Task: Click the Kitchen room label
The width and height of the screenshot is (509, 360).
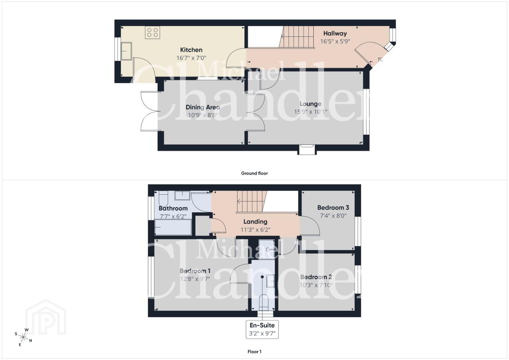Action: (191, 50)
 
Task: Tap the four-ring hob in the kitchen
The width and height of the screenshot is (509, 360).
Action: (152, 32)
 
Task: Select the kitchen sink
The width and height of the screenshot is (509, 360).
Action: (126, 51)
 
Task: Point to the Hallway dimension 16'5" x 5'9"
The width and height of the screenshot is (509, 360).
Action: (335, 41)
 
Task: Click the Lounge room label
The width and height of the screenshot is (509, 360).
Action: (310, 104)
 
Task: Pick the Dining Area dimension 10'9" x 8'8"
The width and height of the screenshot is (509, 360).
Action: (203, 115)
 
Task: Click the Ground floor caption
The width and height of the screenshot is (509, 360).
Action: (254, 173)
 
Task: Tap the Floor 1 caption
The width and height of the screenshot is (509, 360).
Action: (254, 352)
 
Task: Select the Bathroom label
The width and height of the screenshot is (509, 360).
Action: (173, 208)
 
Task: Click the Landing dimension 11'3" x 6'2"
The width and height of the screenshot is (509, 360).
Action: (255, 230)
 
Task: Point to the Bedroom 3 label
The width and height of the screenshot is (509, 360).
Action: (333, 207)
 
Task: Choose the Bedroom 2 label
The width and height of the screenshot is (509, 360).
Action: (316, 277)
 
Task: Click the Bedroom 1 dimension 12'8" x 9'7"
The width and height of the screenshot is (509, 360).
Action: (195, 279)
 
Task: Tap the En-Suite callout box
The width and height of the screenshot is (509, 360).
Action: (262, 329)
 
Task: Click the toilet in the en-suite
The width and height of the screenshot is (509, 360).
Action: (264, 302)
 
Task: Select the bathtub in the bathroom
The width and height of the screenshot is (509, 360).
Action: (173, 227)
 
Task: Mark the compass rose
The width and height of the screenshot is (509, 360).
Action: (23, 337)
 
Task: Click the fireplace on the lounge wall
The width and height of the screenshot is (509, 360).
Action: (307, 150)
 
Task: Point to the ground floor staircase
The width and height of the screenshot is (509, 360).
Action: (296, 37)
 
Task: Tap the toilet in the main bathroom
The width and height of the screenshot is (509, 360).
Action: (163, 199)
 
